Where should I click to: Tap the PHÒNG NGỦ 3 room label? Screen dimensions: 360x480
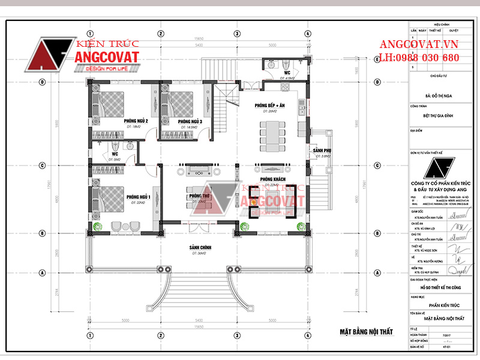pyautogui.click(x=189, y=122)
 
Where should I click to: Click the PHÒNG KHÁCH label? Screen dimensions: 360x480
pyautogui.click(x=272, y=179)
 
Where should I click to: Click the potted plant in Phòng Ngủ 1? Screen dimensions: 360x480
pyautogui.click(x=98, y=226)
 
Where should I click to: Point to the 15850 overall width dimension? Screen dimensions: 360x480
pyautogui.click(x=197, y=40)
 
